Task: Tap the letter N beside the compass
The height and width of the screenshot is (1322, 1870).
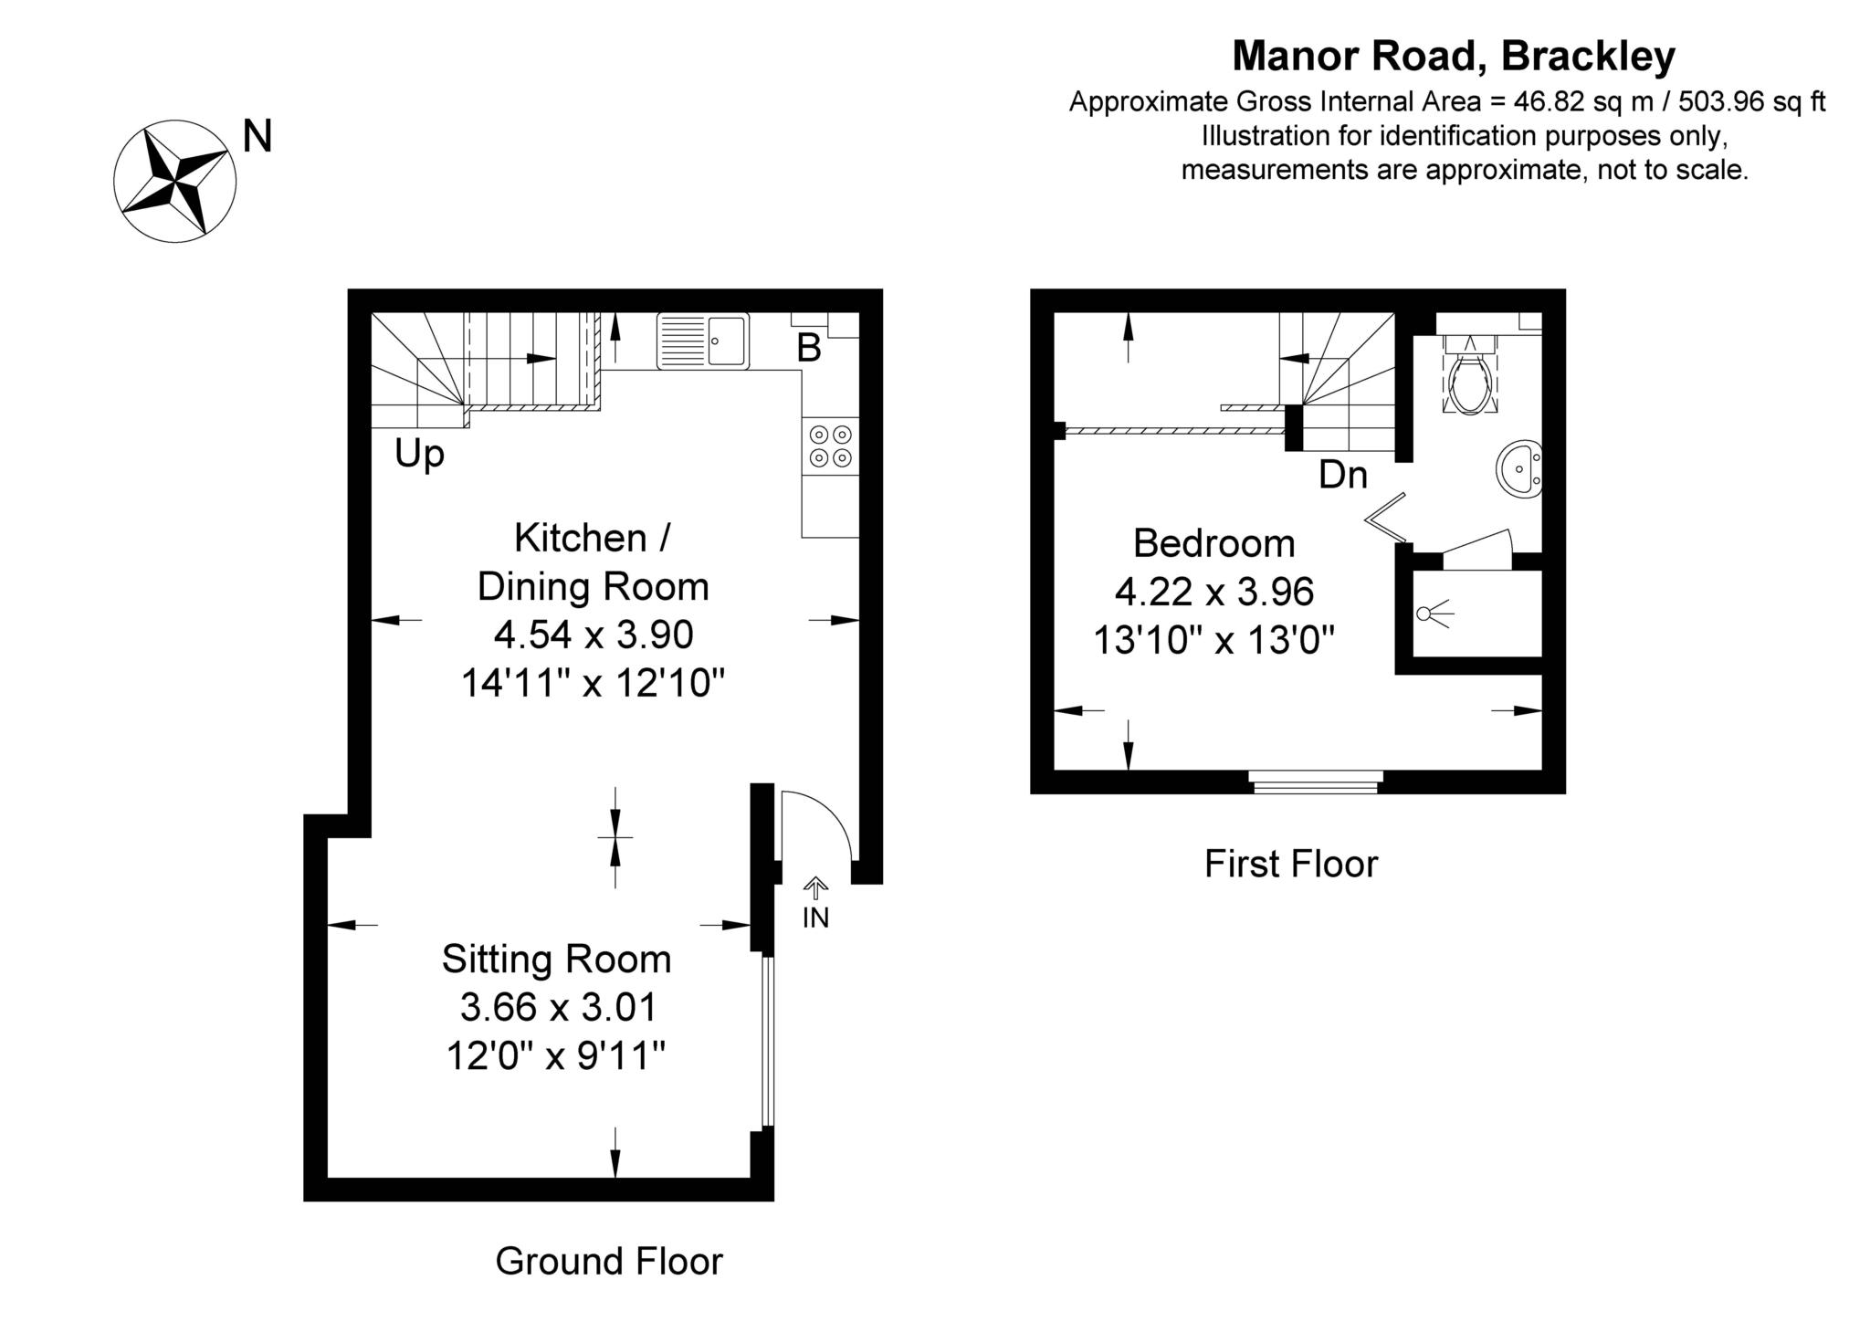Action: point(257,137)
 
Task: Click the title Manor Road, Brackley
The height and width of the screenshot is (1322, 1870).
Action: point(1454,57)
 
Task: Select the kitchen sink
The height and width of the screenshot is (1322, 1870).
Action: point(702,341)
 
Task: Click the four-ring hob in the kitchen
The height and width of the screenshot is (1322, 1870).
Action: point(831,446)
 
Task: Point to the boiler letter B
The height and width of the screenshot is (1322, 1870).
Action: point(809,348)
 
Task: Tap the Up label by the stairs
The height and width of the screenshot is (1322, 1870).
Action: point(419,454)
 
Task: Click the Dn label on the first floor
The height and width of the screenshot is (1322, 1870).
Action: point(1343,475)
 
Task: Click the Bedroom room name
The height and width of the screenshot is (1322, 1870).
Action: point(1213,543)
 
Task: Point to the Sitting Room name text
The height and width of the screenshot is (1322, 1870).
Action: point(556,960)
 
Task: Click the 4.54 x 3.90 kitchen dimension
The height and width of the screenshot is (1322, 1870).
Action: point(594,635)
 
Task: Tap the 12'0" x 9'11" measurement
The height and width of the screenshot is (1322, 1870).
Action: point(556,1056)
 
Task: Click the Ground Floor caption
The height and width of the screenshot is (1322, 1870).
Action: point(609,1262)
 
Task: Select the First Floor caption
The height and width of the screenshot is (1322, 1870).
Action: point(1290,864)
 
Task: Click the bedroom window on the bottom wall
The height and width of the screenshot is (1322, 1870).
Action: point(1316,782)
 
